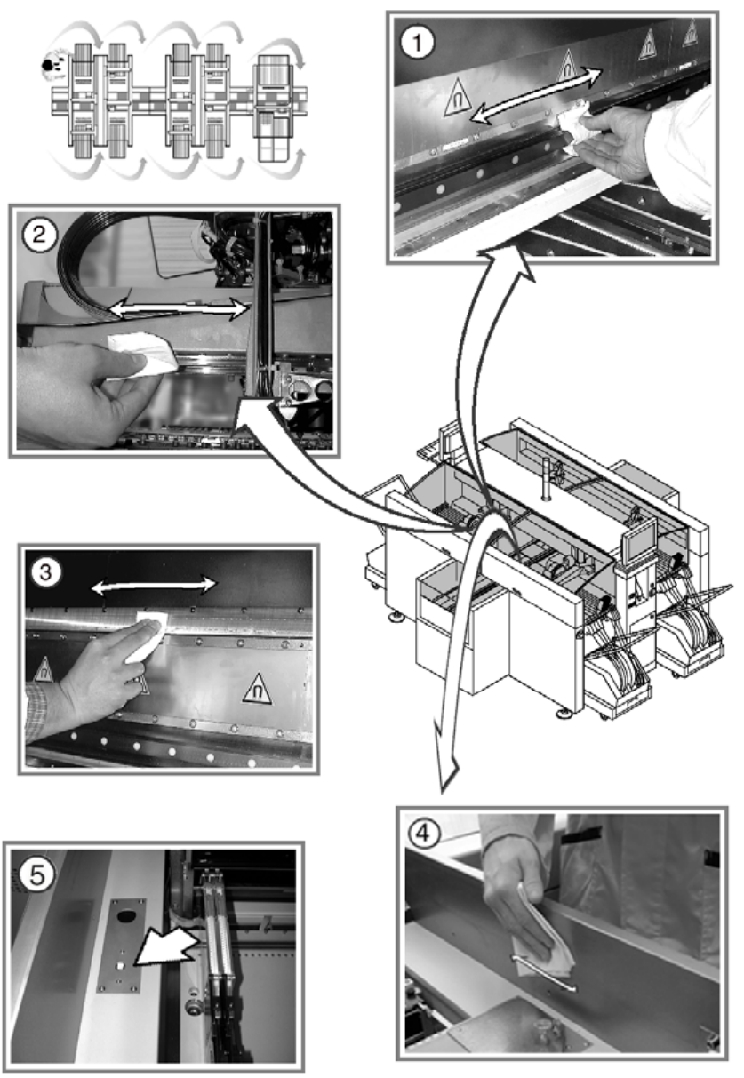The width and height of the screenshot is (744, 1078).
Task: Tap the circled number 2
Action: [44, 235]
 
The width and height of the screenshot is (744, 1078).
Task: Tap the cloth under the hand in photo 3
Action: [142, 638]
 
